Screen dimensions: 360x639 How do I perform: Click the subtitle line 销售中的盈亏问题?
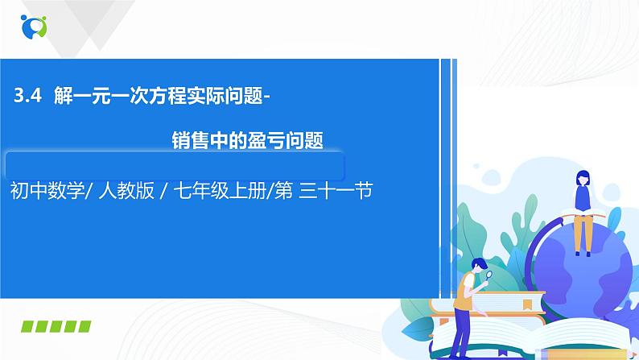(x=248, y=141)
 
